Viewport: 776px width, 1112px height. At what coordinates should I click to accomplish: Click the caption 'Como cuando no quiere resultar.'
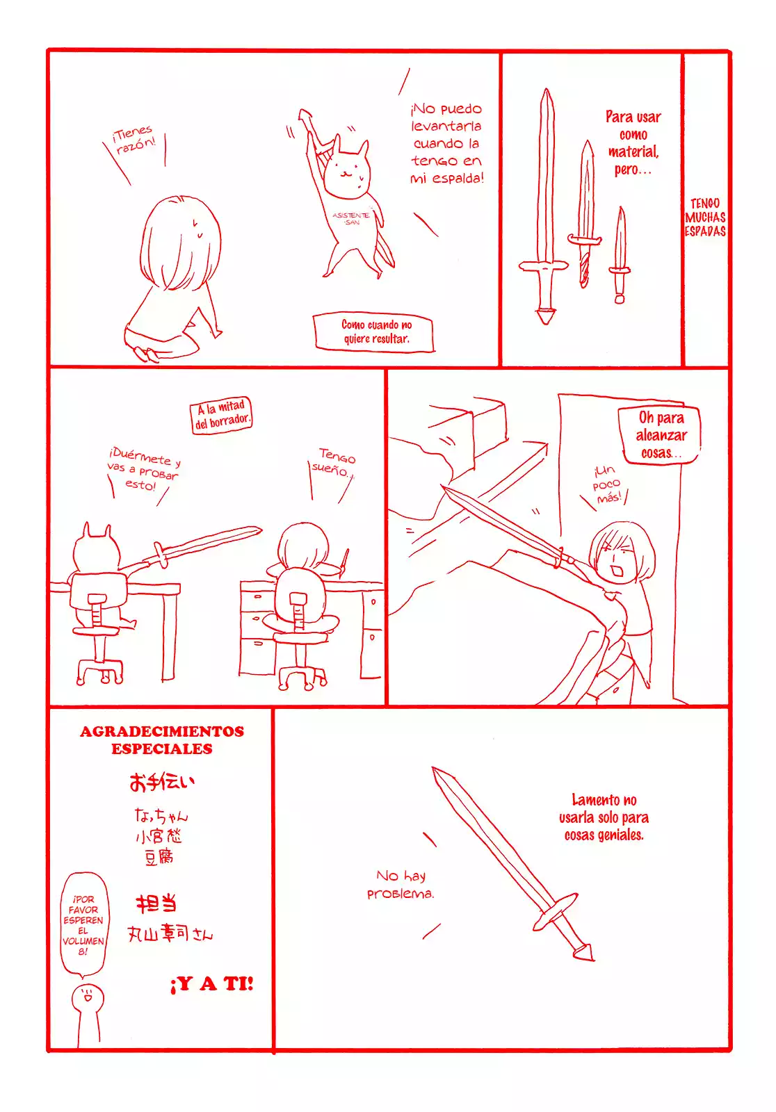pos(375,332)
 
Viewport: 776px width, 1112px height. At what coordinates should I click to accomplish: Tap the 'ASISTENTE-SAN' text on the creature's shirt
pos(350,218)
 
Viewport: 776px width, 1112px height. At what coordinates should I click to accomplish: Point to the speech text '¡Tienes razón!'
pos(134,139)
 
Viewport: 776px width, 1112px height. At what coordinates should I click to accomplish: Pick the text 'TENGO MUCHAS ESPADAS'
pos(705,218)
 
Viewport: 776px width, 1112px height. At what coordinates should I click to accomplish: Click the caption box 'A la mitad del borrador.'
pos(221,415)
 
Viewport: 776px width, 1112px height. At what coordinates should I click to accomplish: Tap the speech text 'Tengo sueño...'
pos(334,464)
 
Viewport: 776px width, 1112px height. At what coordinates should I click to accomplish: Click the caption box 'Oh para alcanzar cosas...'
pos(660,435)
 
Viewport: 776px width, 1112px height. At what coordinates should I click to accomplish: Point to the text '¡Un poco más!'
pos(607,484)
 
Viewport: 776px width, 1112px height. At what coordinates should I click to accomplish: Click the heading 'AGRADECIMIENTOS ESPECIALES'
pos(162,739)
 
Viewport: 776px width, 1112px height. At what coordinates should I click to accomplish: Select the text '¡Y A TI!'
pos(212,983)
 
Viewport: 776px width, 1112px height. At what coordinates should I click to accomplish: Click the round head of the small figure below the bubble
pos(88,998)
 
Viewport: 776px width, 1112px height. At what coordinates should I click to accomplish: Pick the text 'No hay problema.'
pos(401,884)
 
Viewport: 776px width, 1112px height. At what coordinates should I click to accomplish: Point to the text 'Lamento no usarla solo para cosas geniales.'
pos(604,817)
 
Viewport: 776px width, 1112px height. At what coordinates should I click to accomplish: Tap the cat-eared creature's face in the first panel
pos(348,173)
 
